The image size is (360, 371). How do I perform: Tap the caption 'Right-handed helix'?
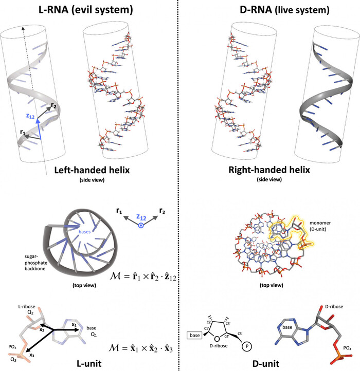tap(267, 171)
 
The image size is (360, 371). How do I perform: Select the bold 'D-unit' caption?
tap(268, 364)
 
